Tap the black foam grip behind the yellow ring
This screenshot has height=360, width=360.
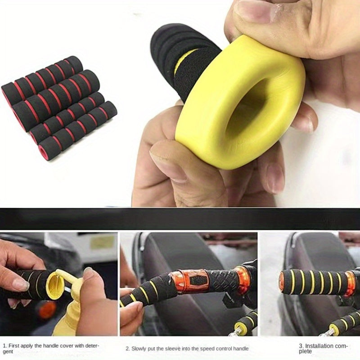point(180,58)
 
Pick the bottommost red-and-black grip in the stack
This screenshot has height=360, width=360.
point(76,130)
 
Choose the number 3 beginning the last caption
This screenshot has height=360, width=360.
point(301,345)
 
